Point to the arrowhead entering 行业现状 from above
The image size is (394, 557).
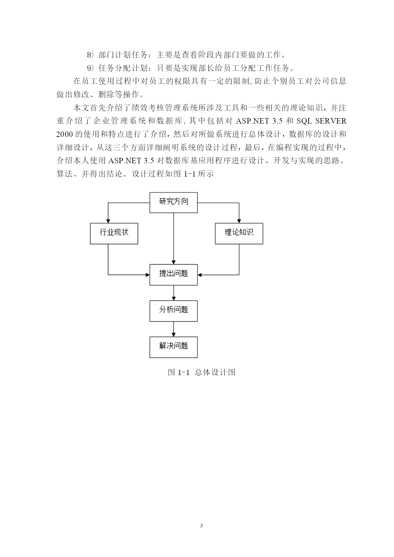coord(108,221)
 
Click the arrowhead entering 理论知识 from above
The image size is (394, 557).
coord(239,221)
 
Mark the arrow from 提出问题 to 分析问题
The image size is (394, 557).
coord(174,293)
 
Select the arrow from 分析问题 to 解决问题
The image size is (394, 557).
coord(174,329)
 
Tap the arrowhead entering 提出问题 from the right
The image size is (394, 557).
coord(200,275)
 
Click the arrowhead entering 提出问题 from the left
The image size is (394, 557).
coord(147,275)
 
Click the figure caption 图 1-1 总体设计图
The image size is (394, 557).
coord(202,372)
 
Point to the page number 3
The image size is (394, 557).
coord(202,526)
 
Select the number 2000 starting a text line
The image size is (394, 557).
coord(65,134)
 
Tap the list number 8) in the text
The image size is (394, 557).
coord(91,55)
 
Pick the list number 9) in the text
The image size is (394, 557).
coord(91,68)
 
